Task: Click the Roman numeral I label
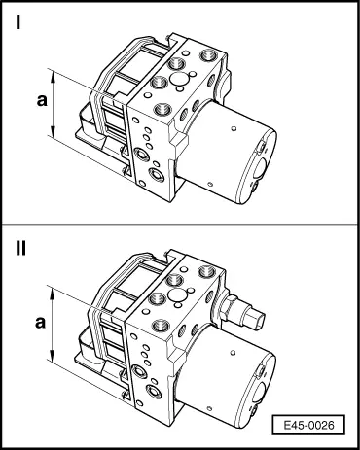click(x=18, y=22)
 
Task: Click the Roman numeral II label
click(x=21, y=249)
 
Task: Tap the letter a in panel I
click(x=42, y=100)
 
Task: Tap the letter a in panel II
click(x=40, y=323)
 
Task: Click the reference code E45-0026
click(x=308, y=425)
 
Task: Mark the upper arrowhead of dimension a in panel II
click(x=53, y=294)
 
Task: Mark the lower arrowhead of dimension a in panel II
click(x=53, y=354)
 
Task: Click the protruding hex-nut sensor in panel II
click(x=241, y=311)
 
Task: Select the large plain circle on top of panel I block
click(x=179, y=80)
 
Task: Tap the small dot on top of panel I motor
click(x=234, y=129)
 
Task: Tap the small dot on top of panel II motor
click(x=233, y=352)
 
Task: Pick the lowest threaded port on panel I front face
click(x=158, y=175)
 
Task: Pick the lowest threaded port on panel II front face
click(x=154, y=392)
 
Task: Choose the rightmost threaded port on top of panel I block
click(x=207, y=55)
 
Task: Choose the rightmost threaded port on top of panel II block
click(x=206, y=271)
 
